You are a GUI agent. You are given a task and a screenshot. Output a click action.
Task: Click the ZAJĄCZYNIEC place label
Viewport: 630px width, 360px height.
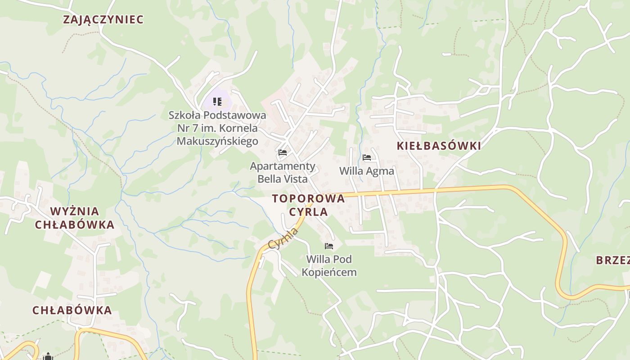point(103,19)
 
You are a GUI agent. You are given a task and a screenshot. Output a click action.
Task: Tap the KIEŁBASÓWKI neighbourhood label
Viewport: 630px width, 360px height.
point(439,146)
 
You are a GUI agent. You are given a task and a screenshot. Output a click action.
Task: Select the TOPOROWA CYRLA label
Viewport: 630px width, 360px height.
point(308,205)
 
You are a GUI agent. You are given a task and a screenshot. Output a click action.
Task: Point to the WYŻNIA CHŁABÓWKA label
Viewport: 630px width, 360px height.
point(75,218)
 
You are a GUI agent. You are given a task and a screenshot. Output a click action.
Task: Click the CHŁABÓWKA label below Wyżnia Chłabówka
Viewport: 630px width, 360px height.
point(72,310)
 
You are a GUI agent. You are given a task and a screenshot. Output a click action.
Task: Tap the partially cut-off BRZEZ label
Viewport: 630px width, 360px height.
point(612,260)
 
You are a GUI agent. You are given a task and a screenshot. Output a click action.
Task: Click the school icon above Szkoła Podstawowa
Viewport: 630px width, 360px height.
point(217,102)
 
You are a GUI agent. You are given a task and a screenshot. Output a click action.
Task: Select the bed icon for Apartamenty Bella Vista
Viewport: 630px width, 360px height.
point(283,153)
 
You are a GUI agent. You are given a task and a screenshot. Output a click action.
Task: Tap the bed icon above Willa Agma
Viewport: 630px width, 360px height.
point(367,157)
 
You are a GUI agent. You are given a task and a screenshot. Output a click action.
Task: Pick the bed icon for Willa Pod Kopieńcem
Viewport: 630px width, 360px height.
point(329,246)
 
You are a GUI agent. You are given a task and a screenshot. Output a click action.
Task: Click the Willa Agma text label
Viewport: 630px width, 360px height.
point(366,171)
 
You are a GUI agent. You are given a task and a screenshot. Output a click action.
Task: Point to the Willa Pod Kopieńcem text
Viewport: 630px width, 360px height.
point(329,265)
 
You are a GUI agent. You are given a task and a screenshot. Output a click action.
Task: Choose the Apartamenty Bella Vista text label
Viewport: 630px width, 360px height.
point(283,172)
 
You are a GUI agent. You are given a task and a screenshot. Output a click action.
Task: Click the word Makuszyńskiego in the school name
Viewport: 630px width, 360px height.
point(217,141)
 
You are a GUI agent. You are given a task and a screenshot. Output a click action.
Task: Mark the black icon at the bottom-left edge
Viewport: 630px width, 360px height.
point(48,357)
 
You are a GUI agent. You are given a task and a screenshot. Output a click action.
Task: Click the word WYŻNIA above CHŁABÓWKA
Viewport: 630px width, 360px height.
point(75,211)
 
